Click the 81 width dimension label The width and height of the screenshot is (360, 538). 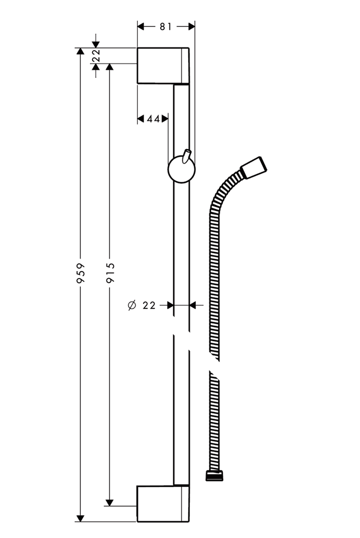(165, 26)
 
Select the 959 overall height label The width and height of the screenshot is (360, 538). (80, 273)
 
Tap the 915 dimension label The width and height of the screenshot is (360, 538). (110, 273)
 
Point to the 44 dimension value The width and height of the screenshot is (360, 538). (153, 119)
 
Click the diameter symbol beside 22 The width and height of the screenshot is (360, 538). (132, 305)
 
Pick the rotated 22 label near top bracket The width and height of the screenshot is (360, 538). (96, 55)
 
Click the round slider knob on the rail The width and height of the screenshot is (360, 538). (181, 169)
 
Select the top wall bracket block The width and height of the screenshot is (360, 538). (163, 66)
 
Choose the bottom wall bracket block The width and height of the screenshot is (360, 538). (163, 504)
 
